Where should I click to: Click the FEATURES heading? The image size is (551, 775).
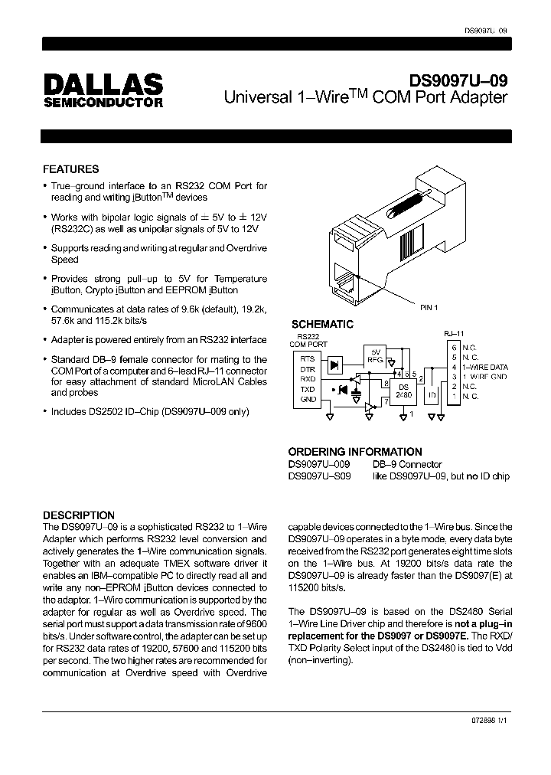(70, 169)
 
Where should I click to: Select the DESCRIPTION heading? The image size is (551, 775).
(79, 515)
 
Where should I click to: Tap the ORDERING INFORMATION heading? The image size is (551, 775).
(354, 452)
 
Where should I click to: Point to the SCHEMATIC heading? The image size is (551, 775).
(321, 324)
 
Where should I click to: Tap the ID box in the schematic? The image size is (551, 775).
(432, 394)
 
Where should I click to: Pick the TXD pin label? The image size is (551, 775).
(307, 388)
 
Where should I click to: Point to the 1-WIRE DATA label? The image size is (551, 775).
(484, 367)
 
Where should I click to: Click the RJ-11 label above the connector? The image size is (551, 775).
(454, 334)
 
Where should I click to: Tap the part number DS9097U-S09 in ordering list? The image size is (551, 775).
(319, 476)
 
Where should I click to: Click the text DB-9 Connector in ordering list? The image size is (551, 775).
(407, 464)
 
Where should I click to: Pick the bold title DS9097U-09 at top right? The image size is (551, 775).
(457, 80)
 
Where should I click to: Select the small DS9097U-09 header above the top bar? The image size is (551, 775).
(485, 30)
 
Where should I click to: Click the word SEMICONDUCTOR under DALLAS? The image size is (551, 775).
(103, 103)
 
